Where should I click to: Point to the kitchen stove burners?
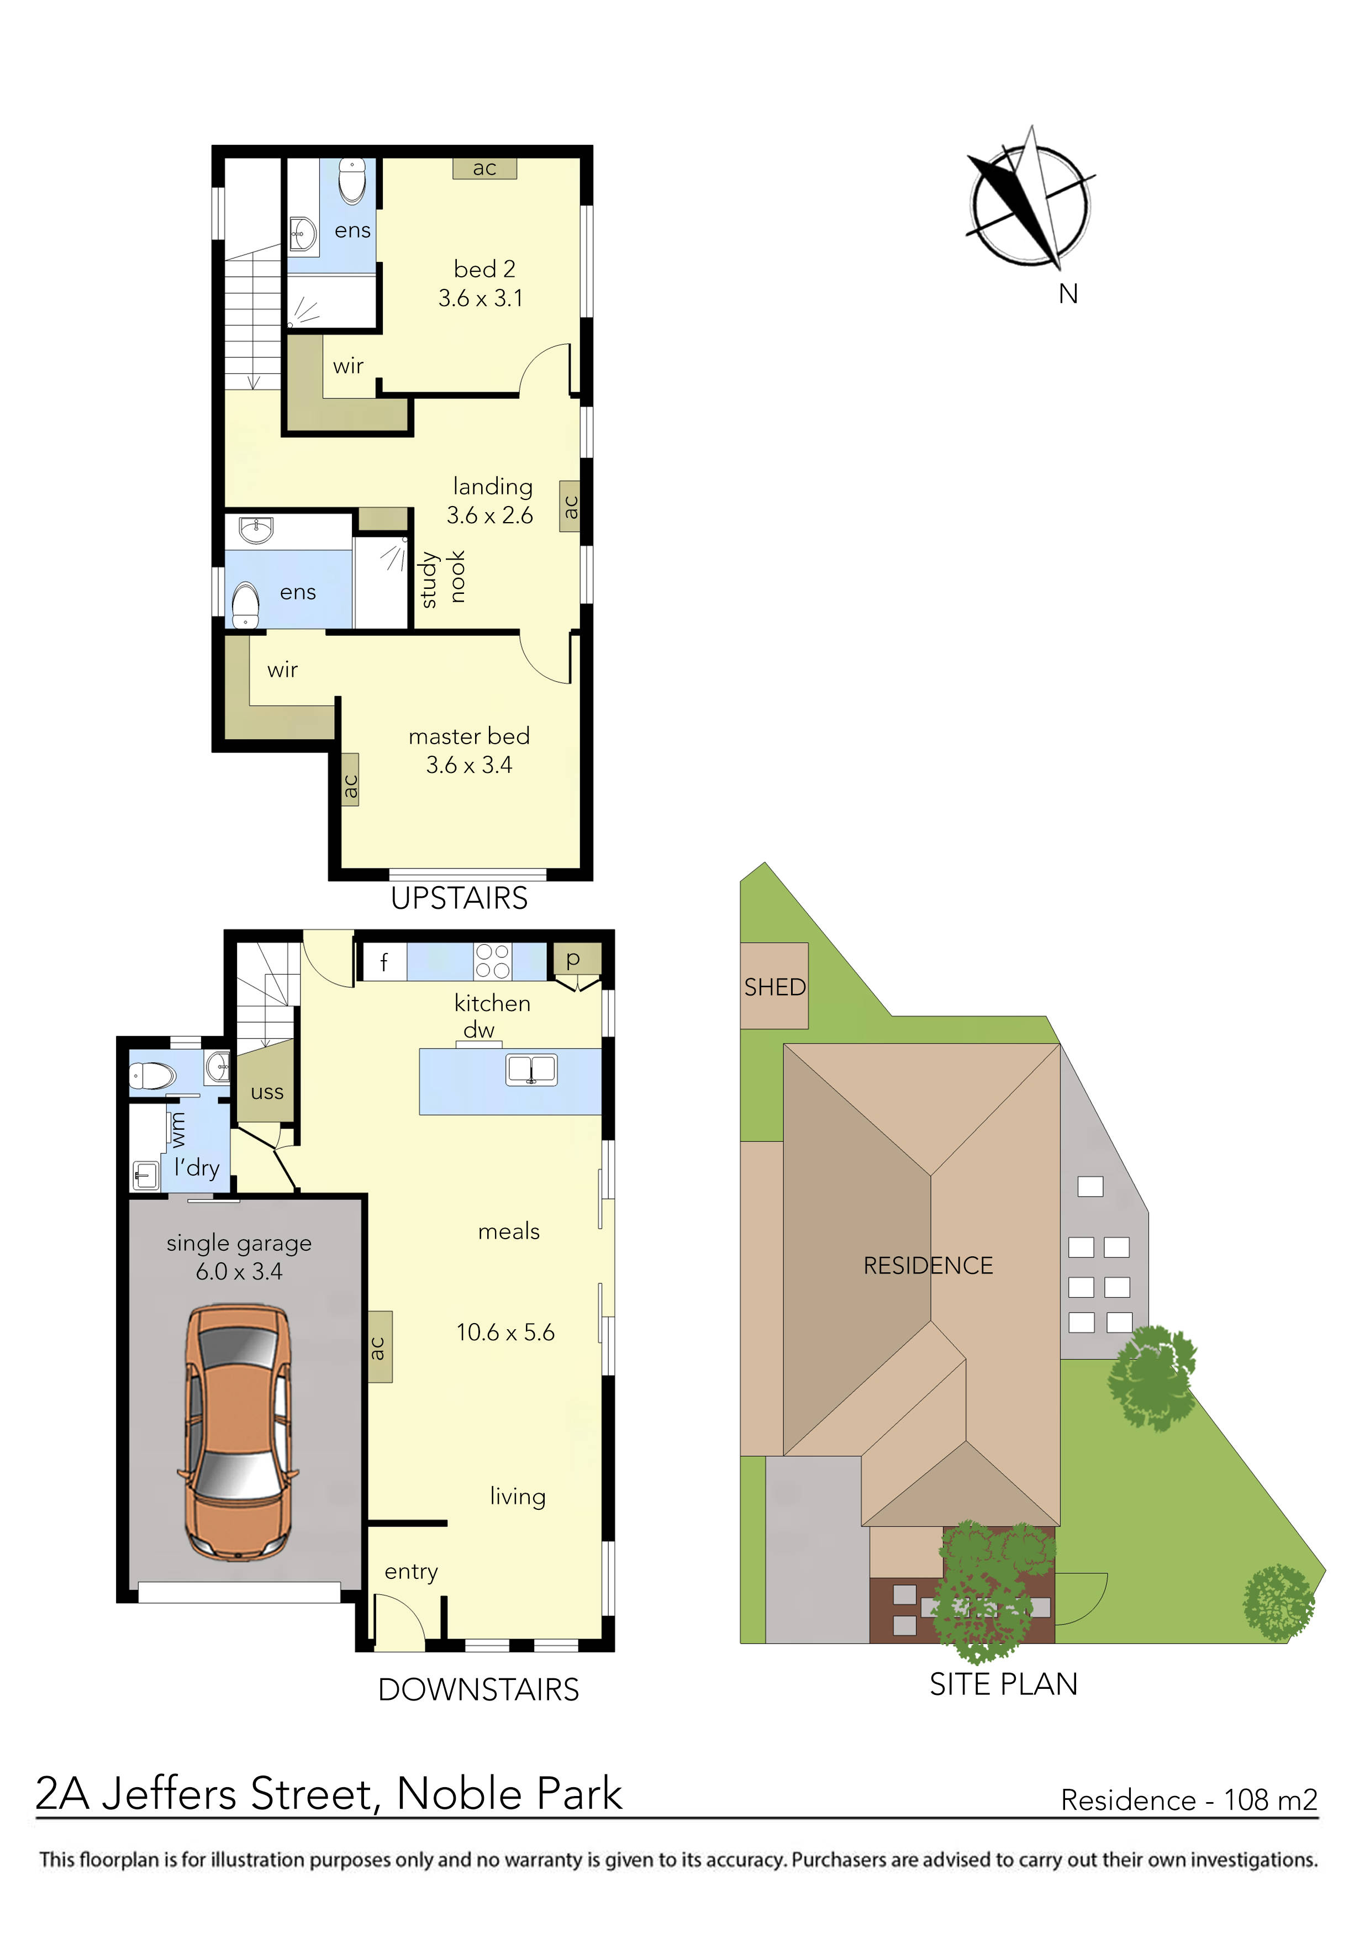(x=492, y=961)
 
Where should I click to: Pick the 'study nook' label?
(x=442, y=578)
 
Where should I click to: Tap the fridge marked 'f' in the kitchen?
(x=384, y=962)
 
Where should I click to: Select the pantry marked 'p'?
(x=573, y=959)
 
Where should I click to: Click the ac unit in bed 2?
(x=484, y=168)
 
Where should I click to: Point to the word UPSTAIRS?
(x=459, y=898)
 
